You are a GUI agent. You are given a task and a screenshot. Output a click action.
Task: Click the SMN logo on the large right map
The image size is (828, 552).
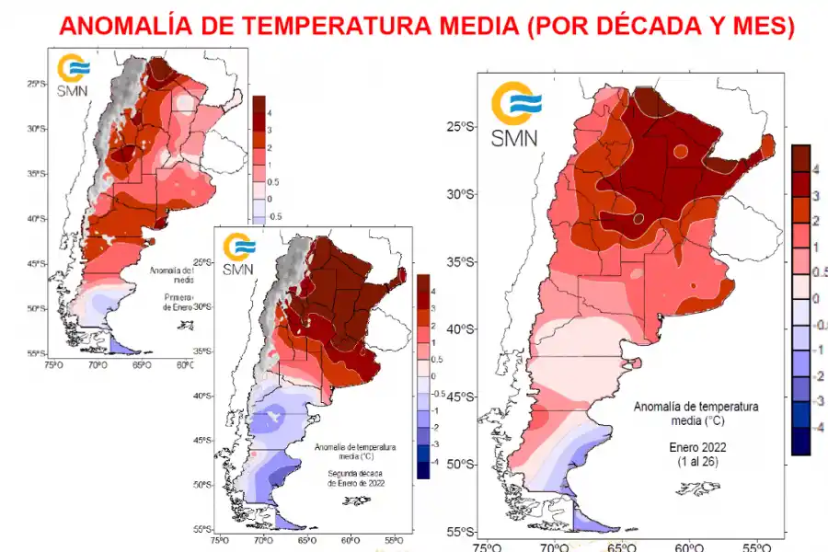click(515, 114)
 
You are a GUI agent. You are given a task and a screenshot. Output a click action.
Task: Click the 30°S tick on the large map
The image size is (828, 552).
click(461, 194)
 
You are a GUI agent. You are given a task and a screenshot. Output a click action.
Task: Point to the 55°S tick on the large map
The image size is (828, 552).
click(461, 533)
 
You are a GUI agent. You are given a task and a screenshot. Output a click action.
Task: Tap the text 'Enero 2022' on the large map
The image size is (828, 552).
click(696, 445)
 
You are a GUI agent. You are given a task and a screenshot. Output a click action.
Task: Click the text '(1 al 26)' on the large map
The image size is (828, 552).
click(696, 460)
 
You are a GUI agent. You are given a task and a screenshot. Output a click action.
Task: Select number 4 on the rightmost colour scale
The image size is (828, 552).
click(815, 167)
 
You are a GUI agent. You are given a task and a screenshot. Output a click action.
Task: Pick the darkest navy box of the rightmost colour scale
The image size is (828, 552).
click(799, 444)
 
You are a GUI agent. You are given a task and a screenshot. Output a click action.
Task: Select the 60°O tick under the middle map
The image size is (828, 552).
click(351, 541)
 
